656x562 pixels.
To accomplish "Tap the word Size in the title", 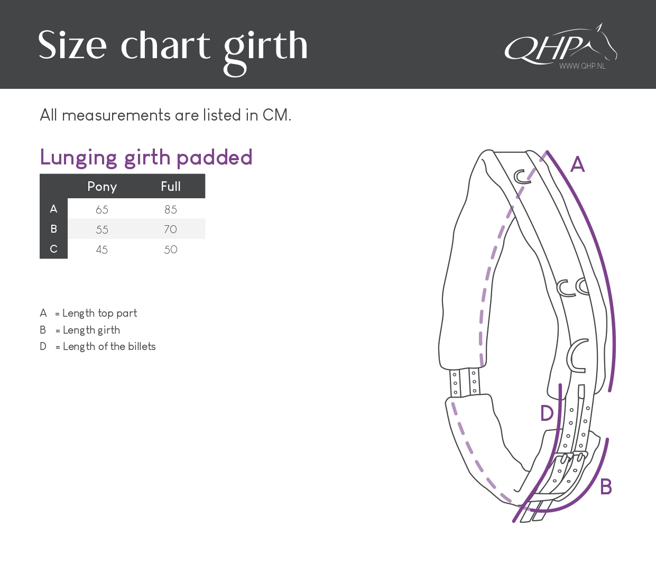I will pyautogui.click(x=72, y=45).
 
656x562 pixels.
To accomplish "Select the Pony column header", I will pyautogui.click(x=102, y=187).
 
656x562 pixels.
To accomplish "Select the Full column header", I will pyautogui.click(x=171, y=187).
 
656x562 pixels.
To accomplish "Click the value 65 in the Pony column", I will pyautogui.click(x=102, y=210).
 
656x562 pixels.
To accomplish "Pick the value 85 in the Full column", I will pyautogui.click(x=171, y=210).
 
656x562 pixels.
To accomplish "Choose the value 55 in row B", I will pyautogui.click(x=102, y=230).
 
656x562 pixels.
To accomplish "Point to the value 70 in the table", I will pyautogui.click(x=170, y=229).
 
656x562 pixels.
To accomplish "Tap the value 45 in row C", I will pyautogui.click(x=102, y=250).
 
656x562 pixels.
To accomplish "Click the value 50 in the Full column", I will pyautogui.click(x=171, y=250).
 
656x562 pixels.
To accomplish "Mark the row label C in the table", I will pyautogui.click(x=53, y=249).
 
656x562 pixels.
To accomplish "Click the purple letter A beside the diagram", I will pyautogui.click(x=578, y=165).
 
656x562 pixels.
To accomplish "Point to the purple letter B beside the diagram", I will pyautogui.click(x=606, y=487).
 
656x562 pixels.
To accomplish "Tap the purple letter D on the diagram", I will pyautogui.click(x=547, y=413).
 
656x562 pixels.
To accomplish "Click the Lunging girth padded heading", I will pyautogui.click(x=146, y=158).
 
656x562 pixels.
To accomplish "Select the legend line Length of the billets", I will pyautogui.click(x=98, y=347).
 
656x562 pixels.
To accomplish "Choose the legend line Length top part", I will pyautogui.click(x=88, y=314).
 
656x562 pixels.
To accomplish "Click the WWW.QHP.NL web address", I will pyautogui.click(x=583, y=66).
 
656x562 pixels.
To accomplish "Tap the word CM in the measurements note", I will pyautogui.click(x=276, y=115).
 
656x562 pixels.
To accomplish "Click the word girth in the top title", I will pyautogui.click(x=265, y=48).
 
